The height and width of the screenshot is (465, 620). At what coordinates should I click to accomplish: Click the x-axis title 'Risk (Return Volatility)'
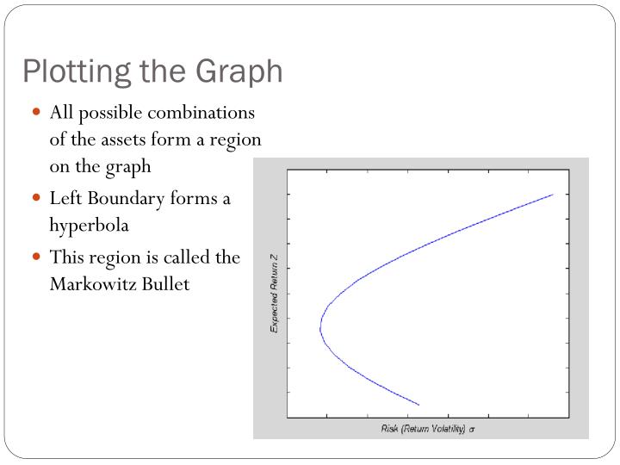423,428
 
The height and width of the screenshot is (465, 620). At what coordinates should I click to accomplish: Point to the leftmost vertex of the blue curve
319,326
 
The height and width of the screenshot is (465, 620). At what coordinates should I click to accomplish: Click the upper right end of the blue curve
552,195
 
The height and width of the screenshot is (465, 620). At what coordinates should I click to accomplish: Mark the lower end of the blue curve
418,404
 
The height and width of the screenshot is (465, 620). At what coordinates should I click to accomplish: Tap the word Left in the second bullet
66,199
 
